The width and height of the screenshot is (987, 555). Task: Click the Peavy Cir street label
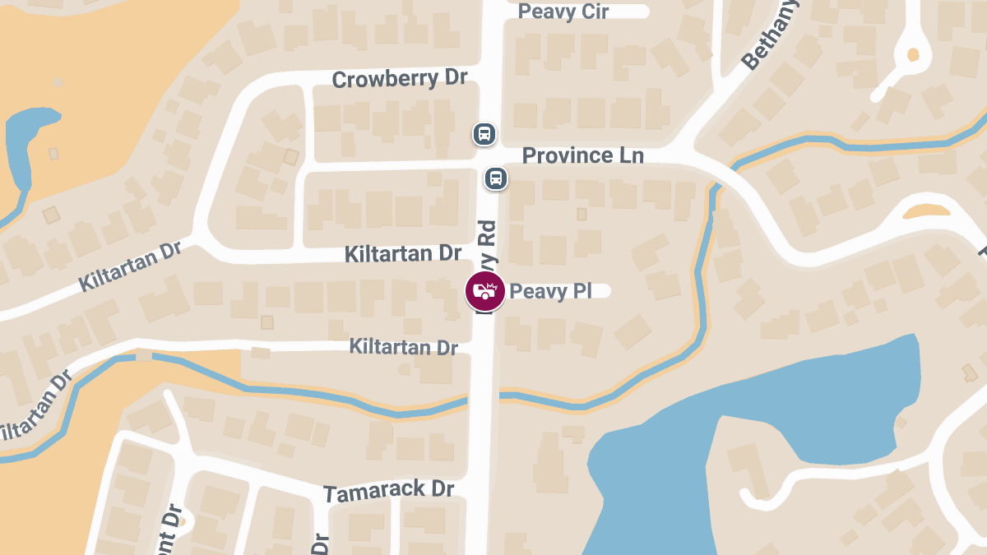click(563, 12)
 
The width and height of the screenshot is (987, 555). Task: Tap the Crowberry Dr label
click(399, 79)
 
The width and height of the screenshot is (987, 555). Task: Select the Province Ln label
click(582, 155)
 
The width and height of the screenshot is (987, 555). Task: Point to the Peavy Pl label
click(550, 291)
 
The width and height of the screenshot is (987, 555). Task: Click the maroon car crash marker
click(485, 291)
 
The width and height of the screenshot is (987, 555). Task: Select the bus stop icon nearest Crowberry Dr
click(484, 133)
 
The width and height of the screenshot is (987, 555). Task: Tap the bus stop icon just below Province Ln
click(495, 178)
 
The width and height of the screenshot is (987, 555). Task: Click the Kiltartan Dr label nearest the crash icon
click(403, 253)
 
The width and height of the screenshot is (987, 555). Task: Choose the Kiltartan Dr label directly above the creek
click(403, 347)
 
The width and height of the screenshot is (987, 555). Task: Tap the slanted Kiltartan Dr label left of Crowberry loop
click(129, 266)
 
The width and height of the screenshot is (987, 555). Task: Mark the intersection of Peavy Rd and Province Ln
click(490, 158)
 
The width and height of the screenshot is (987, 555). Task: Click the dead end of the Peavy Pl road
click(606, 290)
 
